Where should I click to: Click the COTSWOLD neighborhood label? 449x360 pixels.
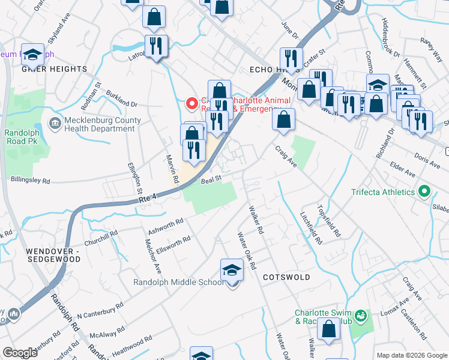pyautogui.click(x=286, y=277)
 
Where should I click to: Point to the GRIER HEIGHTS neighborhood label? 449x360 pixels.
pyautogui.click(x=55, y=69)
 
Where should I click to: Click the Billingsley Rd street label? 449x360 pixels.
pyautogui.click(x=37, y=179)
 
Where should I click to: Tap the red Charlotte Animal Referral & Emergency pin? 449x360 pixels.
pyautogui.click(x=192, y=104)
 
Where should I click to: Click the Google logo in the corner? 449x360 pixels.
pyautogui.click(x=20, y=353)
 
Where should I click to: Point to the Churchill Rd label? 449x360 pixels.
pyautogui.click(x=101, y=238)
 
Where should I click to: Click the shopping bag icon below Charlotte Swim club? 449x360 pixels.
pyautogui.click(x=328, y=329)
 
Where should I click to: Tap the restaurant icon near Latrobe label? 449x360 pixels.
pyautogui.click(x=156, y=46)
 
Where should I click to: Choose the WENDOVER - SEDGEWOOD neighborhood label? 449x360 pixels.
pyautogui.click(x=53, y=254)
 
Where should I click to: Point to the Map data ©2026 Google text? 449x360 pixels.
pyautogui.click(x=412, y=355)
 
